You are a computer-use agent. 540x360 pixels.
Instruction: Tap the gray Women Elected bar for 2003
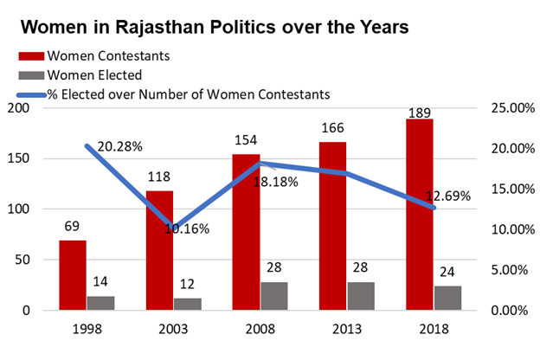pos(187,304)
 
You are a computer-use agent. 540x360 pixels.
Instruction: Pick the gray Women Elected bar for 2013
pos(361,296)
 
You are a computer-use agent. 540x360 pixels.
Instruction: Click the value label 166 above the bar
pos(332,128)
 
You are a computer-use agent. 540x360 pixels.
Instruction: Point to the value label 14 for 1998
pos(100,282)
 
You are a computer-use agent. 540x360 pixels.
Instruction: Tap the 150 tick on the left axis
pos(35,158)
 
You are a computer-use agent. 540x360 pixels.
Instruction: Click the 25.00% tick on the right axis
pos(508,108)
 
